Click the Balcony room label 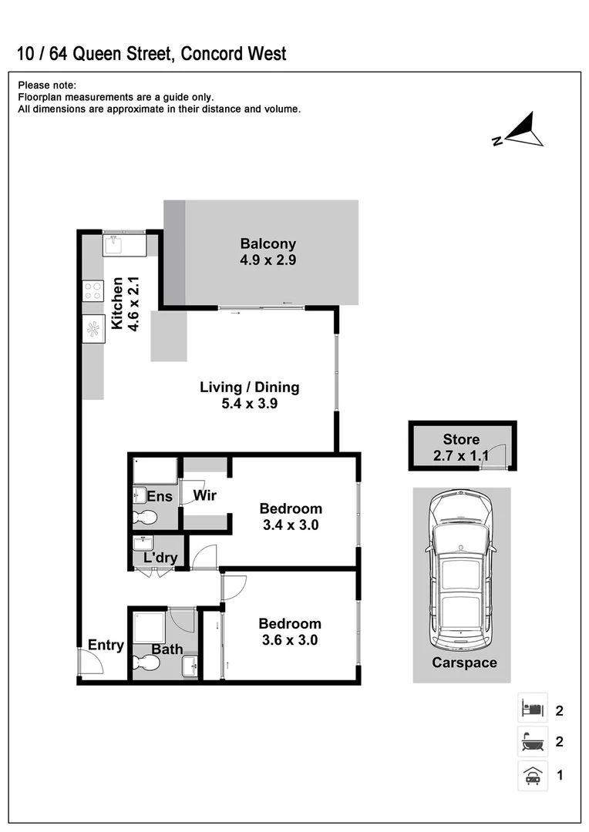pyautogui.click(x=268, y=244)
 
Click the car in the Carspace pyautogui.click(x=461, y=571)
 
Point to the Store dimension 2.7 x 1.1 pyautogui.click(x=461, y=456)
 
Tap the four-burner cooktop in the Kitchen pyautogui.click(x=93, y=290)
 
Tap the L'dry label pyautogui.click(x=160, y=558)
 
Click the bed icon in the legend pyautogui.click(x=532, y=707)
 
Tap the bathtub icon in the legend pyautogui.click(x=532, y=741)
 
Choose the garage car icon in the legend pyautogui.click(x=532, y=775)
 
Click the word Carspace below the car pyautogui.click(x=464, y=663)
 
